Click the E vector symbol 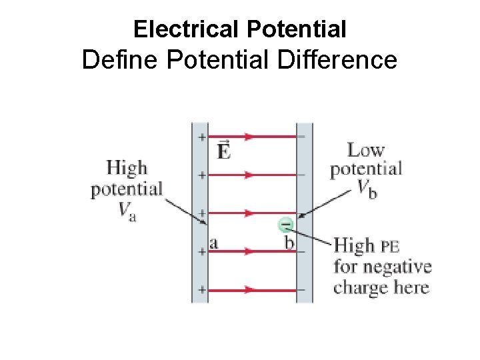(x=225, y=151)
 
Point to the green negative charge (x=285, y=225)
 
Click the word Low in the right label (x=366, y=151)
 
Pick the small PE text (x=390, y=246)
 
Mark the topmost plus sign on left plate (x=201, y=137)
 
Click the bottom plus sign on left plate (x=201, y=290)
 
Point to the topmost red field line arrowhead (x=251, y=137)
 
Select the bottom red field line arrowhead (x=251, y=290)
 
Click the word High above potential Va (x=127, y=167)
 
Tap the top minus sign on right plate (x=303, y=137)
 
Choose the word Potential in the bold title (x=297, y=29)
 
